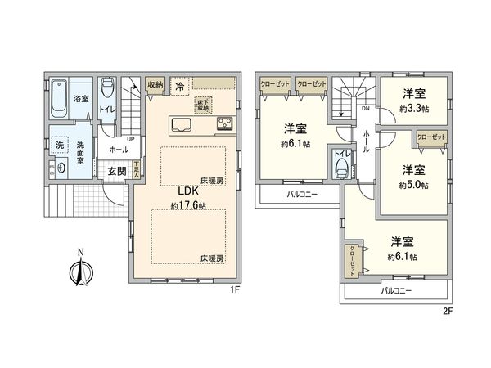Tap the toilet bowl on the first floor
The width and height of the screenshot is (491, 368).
tap(106, 90)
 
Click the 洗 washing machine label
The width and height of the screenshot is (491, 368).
tap(59, 146)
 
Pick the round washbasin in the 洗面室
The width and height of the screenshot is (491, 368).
tap(61, 171)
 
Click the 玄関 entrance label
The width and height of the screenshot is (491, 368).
tap(115, 171)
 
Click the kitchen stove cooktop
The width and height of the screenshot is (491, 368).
tap(225, 125)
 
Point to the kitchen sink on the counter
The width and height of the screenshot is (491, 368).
tap(182, 125)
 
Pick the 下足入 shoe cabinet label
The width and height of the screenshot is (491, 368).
tap(136, 171)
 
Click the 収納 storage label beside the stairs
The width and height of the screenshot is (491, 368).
tap(155, 84)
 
